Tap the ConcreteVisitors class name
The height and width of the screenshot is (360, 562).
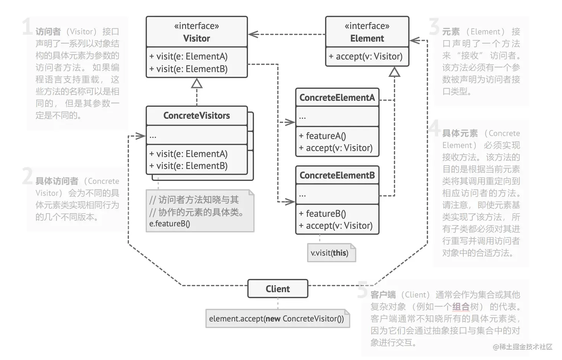196,116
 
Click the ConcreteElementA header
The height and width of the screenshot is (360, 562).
337,97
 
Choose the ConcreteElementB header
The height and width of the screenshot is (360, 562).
337,175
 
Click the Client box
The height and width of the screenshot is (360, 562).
278,289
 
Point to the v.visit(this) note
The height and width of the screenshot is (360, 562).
330,253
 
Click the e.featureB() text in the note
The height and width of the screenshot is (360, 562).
169,224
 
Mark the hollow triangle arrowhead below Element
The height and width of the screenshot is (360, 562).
394,72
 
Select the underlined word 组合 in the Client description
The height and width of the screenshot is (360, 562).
461,307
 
